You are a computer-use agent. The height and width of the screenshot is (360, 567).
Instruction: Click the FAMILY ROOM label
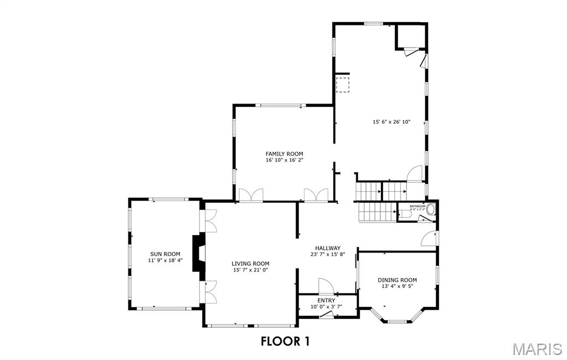point(284,153)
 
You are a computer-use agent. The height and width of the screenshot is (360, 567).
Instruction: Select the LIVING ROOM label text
point(250,264)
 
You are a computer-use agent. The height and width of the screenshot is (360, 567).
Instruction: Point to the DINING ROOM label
point(397,280)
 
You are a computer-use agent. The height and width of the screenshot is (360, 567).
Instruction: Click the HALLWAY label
point(328,248)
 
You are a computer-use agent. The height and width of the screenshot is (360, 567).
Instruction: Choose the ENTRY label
point(326,300)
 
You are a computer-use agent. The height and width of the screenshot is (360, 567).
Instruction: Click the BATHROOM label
point(417,206)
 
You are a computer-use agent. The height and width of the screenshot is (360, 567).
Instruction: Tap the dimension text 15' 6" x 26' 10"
point(391,122)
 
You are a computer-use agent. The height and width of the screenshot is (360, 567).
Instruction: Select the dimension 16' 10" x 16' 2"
point(284,160)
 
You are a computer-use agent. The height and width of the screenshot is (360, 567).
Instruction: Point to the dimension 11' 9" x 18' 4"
point(164,260)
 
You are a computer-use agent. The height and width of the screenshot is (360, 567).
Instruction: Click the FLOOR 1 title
point(285,341)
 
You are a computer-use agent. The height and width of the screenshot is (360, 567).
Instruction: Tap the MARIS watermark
point(537,349)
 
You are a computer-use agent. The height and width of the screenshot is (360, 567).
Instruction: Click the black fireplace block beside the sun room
point(198,253)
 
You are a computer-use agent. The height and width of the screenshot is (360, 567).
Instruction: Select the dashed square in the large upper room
point(343,85)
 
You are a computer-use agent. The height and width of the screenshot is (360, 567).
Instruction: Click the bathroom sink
point(431,210)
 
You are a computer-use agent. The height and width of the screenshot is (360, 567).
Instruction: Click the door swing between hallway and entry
point(326,286)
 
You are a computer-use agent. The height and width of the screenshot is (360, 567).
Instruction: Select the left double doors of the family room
point(250,195)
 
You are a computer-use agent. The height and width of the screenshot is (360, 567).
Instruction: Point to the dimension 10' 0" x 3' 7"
point(326,306)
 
